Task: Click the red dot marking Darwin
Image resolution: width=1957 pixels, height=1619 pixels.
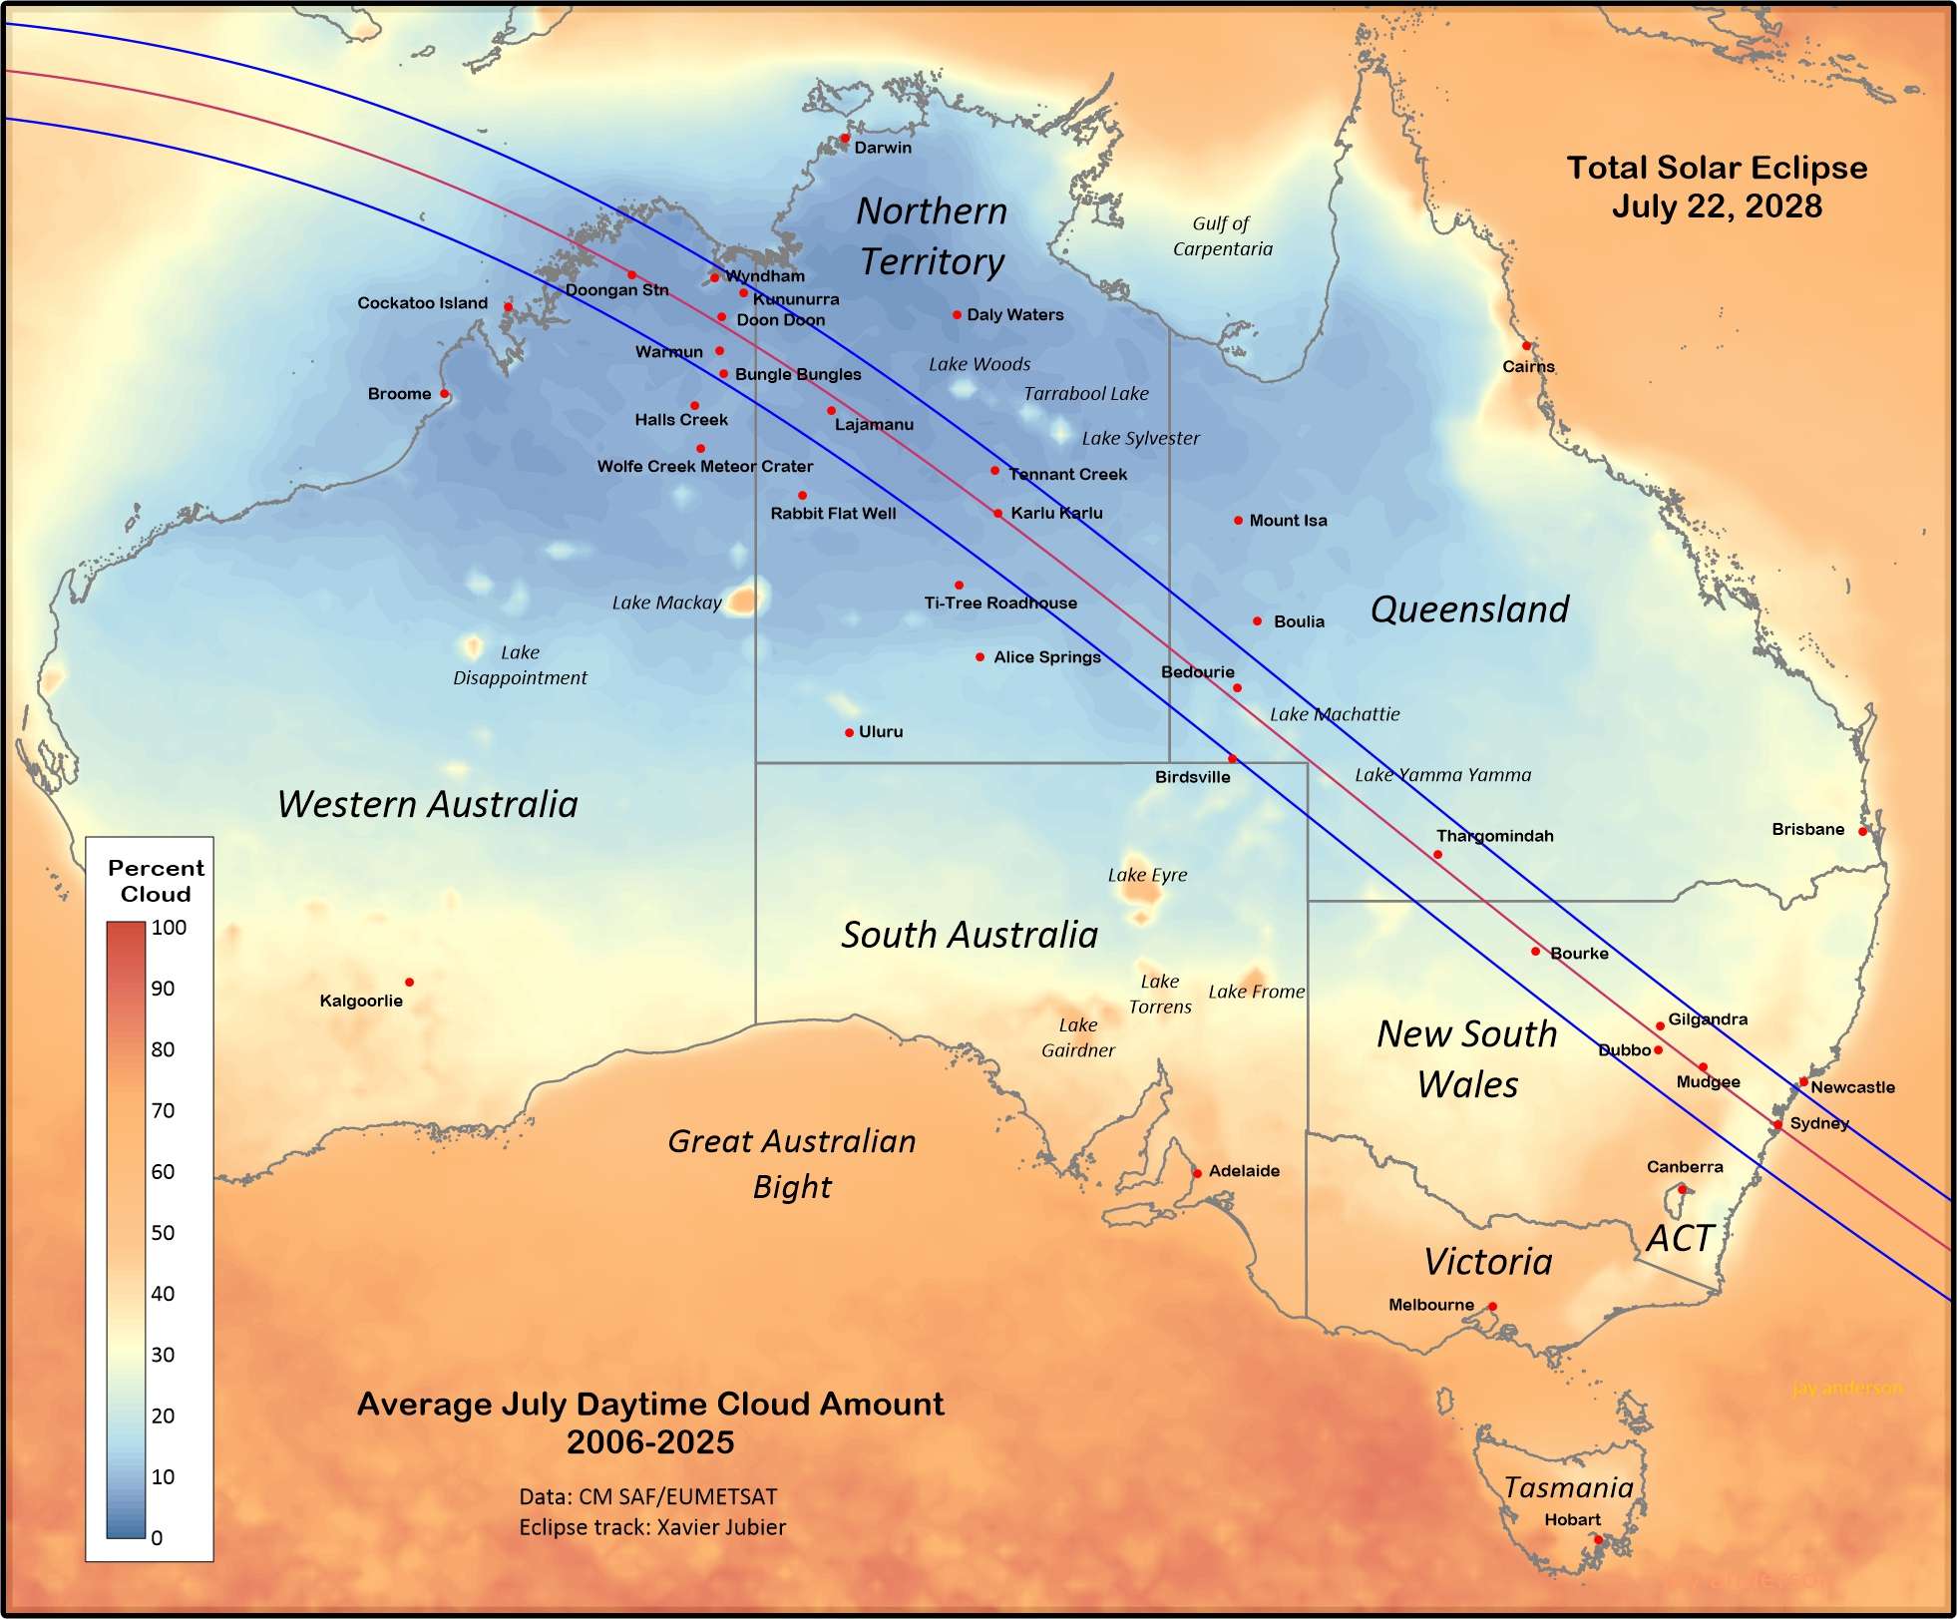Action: [844, 139]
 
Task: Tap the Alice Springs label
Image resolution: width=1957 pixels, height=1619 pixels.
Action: [1046, 657]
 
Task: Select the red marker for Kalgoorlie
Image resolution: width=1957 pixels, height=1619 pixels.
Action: [409, 983]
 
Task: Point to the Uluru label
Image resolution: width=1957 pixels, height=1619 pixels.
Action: [881, 732]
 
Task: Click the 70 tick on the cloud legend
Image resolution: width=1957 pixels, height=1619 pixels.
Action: [163, 1110]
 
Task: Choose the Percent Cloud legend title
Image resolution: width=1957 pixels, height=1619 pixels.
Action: [156, 881]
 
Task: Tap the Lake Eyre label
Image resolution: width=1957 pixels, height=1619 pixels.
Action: [1147, 875]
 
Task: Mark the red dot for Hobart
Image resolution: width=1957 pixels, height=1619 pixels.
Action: [1598, 1540]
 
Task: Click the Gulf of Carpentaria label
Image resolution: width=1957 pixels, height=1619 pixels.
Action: [1222, 236]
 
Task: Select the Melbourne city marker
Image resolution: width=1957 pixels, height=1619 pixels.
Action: [1492, 1307]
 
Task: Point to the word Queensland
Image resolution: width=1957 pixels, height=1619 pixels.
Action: [1469, 609]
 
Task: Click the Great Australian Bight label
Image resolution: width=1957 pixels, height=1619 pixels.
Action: [792, 1163]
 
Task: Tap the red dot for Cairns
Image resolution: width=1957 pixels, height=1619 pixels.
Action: [1526, 346]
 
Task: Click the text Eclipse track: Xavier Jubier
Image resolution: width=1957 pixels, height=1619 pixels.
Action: [652, 1527]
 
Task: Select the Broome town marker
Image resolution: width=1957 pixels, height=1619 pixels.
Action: [445, 394]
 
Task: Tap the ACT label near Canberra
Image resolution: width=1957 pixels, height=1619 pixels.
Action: [1679, 1239]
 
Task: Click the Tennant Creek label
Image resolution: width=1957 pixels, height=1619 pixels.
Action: [1067, 475]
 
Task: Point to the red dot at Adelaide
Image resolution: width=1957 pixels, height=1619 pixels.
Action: [1197, 1173]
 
